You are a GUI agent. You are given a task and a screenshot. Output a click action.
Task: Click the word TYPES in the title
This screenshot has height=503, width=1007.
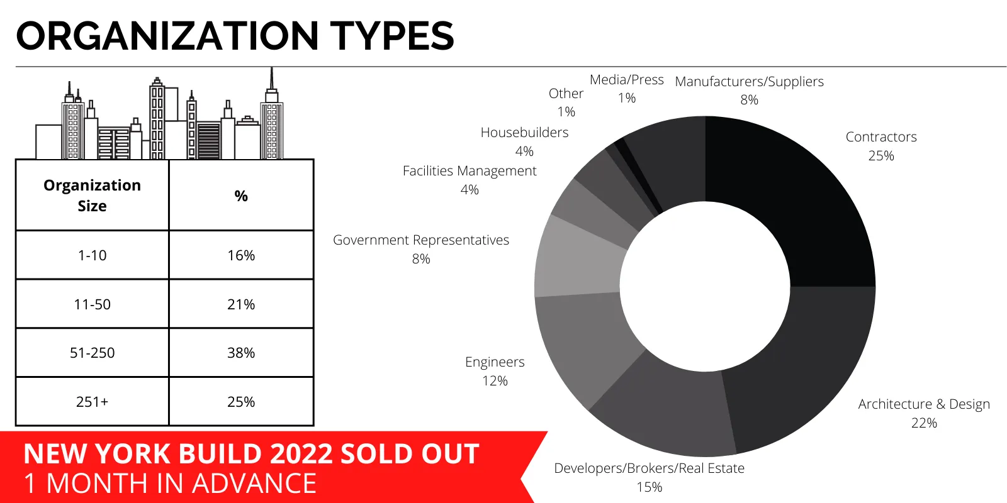[x=391, y=36]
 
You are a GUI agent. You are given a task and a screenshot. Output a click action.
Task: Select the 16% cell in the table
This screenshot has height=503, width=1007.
[x=241, y=255]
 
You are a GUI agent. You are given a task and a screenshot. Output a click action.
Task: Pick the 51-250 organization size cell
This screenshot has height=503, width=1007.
[x=93, y=353]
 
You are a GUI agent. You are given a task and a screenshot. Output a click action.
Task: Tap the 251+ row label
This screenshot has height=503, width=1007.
[x=93, y=402]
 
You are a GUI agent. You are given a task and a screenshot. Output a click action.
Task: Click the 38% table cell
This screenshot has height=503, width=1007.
[x=241, y=353]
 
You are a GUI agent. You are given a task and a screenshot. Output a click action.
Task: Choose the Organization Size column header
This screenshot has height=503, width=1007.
[x=93, y=196]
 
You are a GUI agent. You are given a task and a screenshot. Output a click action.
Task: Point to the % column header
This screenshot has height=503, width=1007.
[x=241, y=196]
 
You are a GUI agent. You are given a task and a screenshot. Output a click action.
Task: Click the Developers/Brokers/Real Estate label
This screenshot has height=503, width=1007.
[x=649, y=468]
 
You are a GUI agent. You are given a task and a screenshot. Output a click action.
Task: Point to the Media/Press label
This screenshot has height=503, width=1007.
[x=627, y=80]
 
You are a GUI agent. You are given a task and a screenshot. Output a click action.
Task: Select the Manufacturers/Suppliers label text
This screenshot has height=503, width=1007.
[x=749, y=82]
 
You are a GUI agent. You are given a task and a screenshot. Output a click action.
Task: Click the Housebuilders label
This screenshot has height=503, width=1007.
[x=524, y=133]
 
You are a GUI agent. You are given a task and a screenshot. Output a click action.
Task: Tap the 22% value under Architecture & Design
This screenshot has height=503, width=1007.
[x=924, y=423]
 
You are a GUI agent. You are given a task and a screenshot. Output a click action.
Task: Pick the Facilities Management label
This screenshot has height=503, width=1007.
[x=470, y=171]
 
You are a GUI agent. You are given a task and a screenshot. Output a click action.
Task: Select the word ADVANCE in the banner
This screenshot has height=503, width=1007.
[x=254, y=484]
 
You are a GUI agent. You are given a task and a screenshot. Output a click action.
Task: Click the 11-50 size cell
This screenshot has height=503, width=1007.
[x=93, y=304]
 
